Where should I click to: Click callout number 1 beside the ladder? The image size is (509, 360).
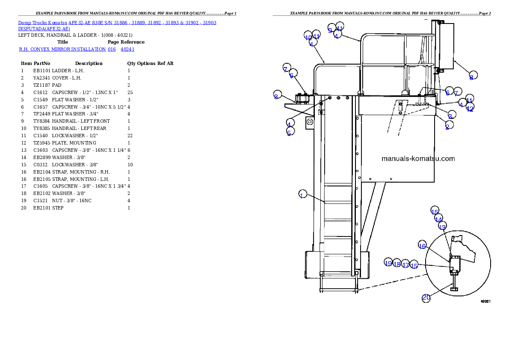302,195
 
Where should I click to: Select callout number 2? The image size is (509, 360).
447,127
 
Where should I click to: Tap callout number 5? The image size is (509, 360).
289,133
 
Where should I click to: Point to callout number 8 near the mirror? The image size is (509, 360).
471,77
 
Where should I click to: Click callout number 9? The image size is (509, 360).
330,30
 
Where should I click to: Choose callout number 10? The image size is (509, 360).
308,37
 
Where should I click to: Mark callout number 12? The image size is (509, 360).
470,109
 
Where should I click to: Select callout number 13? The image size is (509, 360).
443,227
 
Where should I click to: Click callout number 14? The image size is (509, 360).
438,219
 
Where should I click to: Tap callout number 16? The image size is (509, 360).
422,246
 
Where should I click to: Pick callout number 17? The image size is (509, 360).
405,265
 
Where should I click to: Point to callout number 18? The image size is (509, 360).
397,264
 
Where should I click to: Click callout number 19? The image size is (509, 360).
388,263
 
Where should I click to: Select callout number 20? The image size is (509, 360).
426,298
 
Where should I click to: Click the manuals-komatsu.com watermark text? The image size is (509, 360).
418,159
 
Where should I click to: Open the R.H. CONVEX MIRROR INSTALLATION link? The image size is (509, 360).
62,50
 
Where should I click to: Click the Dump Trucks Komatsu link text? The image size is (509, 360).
43,22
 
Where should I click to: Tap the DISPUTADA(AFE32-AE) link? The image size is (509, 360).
44,29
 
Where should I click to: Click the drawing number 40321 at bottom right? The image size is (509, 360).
485,301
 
